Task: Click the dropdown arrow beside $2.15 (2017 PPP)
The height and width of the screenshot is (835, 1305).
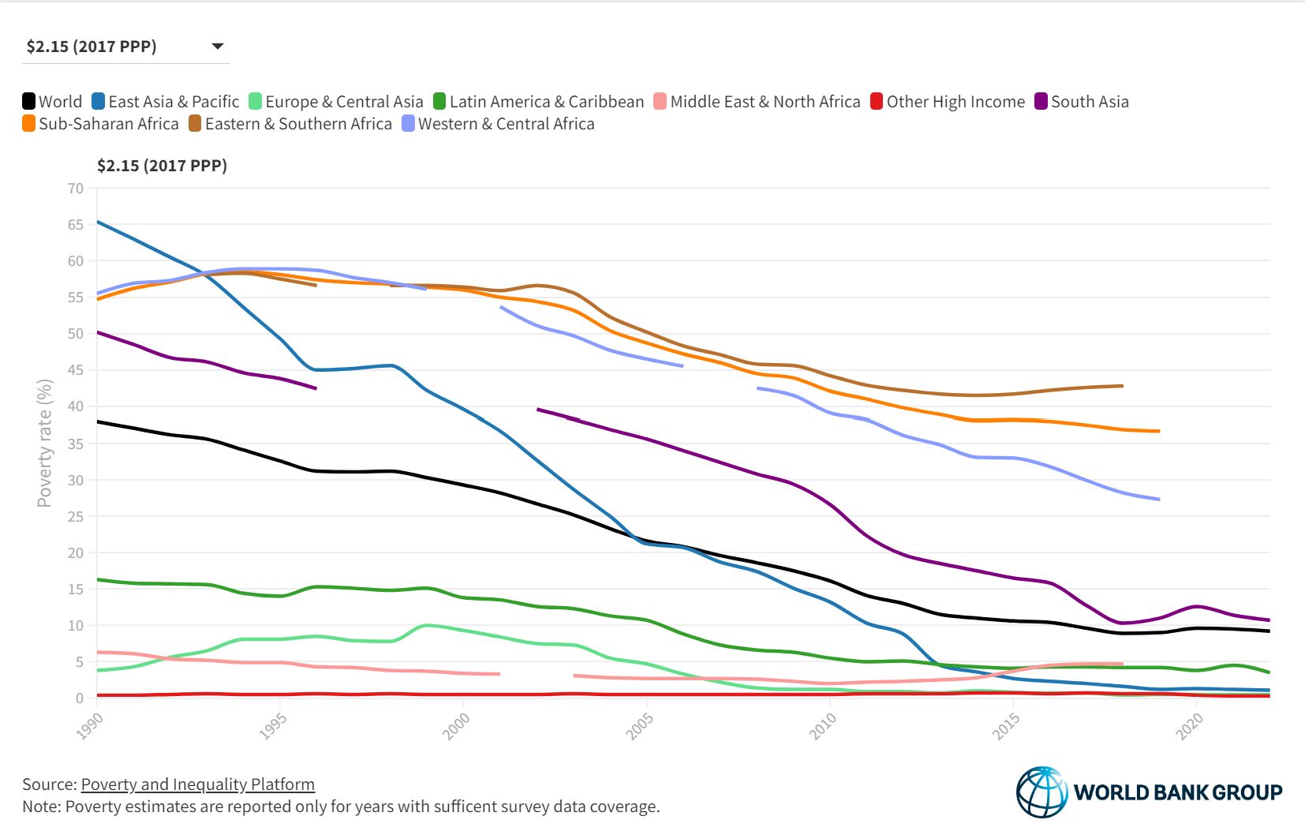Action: tap(219, 47)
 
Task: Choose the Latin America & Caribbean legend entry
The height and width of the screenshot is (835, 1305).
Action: tap(539, 102)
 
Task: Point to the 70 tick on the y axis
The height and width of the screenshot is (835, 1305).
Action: tap(76, 189)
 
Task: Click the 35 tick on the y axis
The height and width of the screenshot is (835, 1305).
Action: tap(76, 444)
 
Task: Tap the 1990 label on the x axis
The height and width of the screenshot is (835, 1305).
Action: tap(90, 726)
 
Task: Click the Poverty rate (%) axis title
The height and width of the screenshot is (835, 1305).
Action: tap(45, 443)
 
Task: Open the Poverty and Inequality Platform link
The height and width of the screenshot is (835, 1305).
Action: tap(198, 784)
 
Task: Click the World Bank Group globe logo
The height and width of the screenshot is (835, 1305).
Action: tap(1041, 792)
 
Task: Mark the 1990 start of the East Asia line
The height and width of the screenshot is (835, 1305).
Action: tap(98, 223)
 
